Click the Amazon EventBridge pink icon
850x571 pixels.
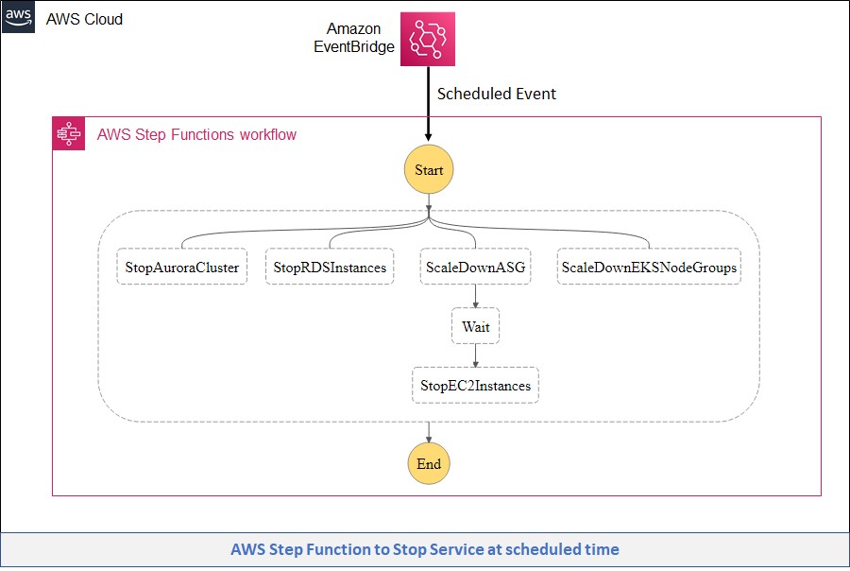[428, 39]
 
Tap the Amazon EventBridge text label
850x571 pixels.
[360, 38]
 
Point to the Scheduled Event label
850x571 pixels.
[496, 94]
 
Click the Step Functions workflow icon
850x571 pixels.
[69, 134]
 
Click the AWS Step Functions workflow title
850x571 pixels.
[196, 134]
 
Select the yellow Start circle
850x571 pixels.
[429, 170]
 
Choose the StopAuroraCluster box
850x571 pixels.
[181, 268]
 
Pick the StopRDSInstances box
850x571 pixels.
[330, 268]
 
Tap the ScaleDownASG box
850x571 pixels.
[475, 268]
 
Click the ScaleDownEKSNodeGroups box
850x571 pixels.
[649, 268]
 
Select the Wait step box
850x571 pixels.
[475, 326]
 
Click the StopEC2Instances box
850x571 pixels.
[475, 385]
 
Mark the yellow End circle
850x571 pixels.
[429, 464]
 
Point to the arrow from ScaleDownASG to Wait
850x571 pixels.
[475, 297]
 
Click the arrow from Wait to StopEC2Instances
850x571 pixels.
[475, 355]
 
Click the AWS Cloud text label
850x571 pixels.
[84, 19]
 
